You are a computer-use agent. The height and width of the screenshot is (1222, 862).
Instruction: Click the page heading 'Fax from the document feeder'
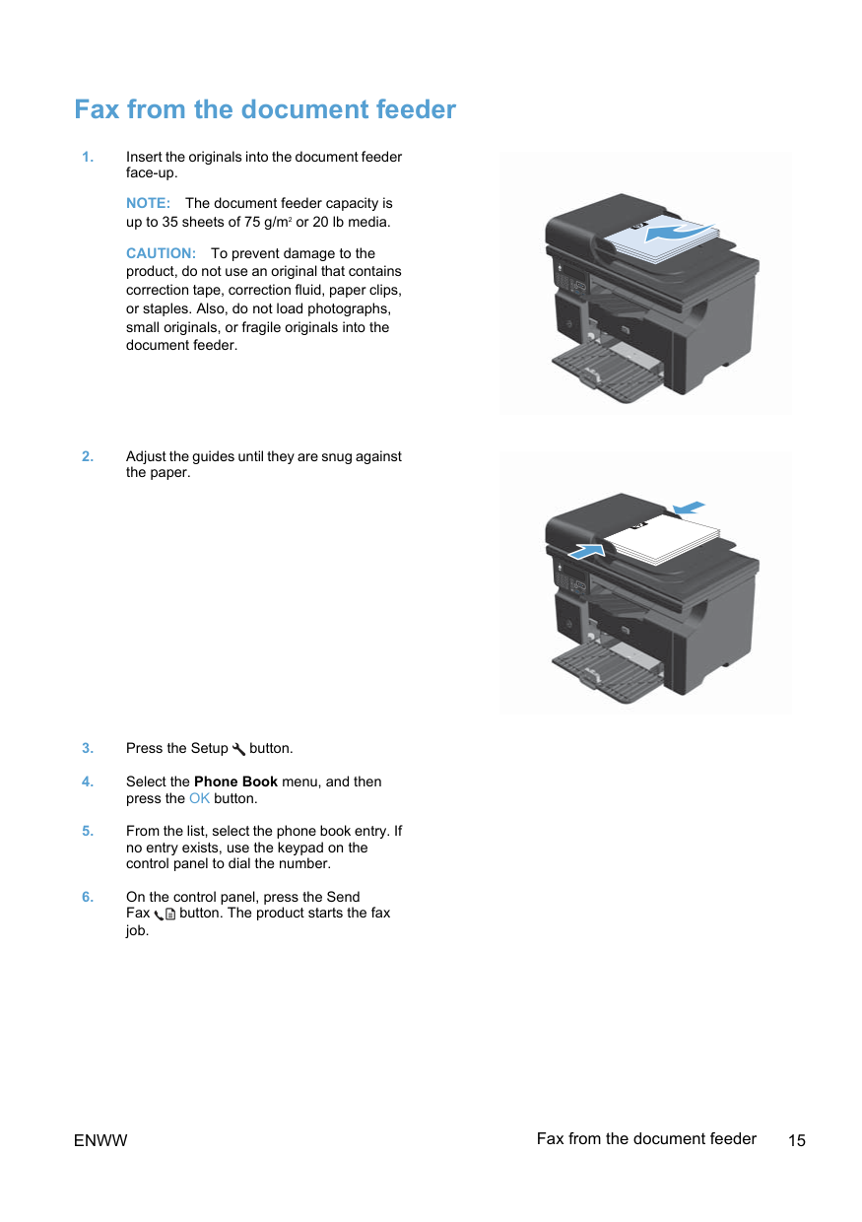coord(265,109)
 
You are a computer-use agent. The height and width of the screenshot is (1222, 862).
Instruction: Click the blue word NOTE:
coord(149,203)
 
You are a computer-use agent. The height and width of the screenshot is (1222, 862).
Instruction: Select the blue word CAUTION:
coord(161,253)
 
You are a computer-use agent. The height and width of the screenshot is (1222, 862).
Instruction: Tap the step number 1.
coord(88,157)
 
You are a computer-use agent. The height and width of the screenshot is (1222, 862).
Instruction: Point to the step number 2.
coord(88,456)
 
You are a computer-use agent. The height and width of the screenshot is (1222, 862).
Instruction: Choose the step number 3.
coord(88,749)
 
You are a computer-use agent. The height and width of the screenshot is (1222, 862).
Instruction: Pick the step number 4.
coord(88,781)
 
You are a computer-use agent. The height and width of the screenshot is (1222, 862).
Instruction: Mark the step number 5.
coord(88,831)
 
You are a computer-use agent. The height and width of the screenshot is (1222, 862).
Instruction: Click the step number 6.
coord(88,897)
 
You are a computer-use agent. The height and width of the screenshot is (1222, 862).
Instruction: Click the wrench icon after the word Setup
coord(238,749)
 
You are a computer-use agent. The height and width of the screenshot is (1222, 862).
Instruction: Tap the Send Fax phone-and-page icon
coord(165,914)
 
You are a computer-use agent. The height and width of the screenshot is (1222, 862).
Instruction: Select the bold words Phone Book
coord(235,781)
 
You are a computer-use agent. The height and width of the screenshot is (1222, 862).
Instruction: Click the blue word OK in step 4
coord(200,798)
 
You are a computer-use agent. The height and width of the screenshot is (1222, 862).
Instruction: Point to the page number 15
coord(797,1141)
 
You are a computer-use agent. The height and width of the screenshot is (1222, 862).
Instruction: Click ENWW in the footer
coord(100,1141)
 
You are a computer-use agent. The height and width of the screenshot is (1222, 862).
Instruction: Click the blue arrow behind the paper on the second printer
coord(689,508)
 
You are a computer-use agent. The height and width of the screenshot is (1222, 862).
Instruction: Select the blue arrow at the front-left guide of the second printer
coord(587,551)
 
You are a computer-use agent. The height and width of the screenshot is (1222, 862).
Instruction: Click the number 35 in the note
coord(170,223)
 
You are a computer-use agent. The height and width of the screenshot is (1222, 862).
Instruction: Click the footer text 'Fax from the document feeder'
coord(646,1139)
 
